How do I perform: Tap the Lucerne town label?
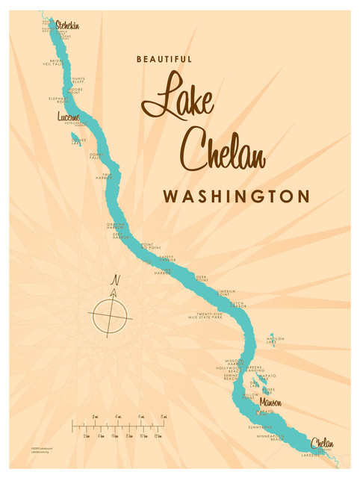pos(68,117)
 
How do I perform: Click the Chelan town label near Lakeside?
pos(323,444)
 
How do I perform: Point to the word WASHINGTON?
pos(236,197)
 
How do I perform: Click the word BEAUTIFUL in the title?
pos(164,59)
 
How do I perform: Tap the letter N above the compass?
pos(115,280)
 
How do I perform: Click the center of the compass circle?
pos(113,313)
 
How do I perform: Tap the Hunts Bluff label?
pos(78,80)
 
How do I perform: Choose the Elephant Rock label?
pos(59,99)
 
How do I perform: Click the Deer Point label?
pos(201,278)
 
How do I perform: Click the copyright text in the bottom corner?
pos(45,450)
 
